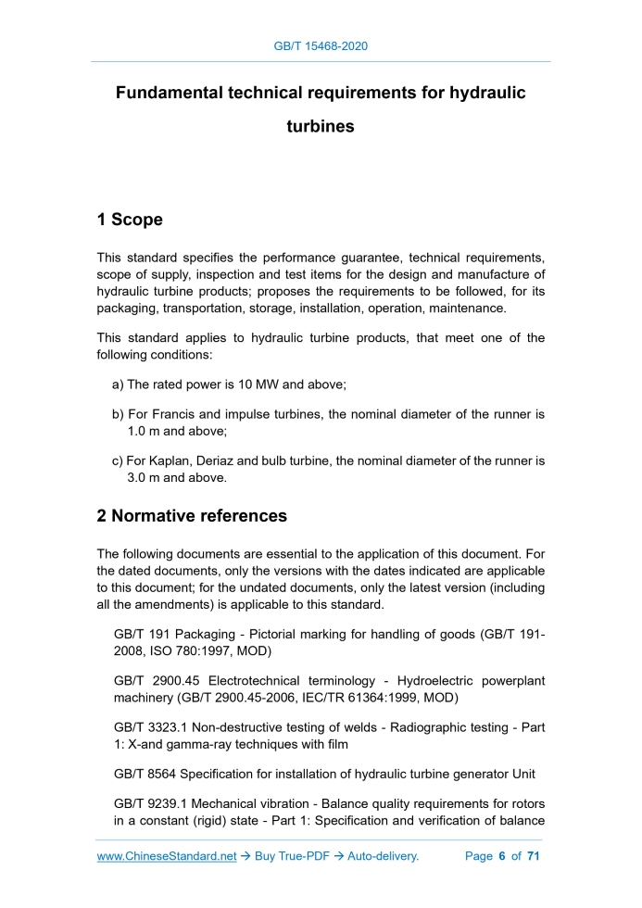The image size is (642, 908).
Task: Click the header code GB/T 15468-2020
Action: (x=321, y=44)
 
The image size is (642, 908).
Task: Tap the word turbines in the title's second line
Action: (x=321, y=127)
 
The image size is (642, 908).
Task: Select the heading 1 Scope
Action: (x=130, y=220)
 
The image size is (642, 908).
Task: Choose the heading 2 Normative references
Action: (x=192, y=516)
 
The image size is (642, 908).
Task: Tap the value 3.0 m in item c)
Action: (x=146, y=478)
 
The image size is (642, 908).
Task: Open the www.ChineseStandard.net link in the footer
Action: (x=167, y=856)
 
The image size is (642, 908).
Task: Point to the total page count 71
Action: (x=533, y=856)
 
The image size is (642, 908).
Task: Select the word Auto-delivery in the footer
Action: (x=382, y=856)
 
